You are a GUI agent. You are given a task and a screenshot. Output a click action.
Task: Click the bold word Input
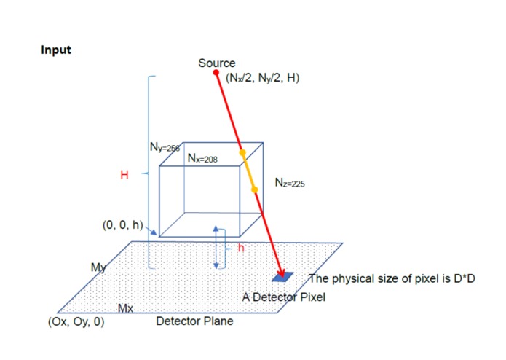[x=56, y=50]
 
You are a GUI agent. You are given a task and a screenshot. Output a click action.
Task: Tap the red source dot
[x=216, y=72]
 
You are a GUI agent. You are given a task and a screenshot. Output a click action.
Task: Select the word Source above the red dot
[x=217, y=63]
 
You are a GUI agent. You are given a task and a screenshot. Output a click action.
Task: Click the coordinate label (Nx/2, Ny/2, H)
[x=262, y=78]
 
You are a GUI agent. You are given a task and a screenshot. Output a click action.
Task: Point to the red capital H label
[x=124, y=175]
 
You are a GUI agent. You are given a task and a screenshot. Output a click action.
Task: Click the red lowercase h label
[x=241, y=248]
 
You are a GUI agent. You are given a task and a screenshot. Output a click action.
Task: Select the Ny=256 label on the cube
[x=165, y=147]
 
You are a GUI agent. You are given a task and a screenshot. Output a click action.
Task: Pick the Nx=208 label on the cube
[x=202, y=158]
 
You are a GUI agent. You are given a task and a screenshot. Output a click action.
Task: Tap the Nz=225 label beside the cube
[x=290, y=182]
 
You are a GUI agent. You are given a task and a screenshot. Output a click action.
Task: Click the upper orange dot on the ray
[x=242, y=153]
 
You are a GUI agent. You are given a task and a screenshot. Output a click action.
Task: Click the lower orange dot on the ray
[x=254, y=189]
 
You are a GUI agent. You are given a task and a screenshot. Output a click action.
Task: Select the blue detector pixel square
[x=282, y=277]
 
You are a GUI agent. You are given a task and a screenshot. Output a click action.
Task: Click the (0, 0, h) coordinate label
[x=122, y=224]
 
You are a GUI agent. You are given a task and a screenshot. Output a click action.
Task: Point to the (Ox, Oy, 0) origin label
[x=76, y=321]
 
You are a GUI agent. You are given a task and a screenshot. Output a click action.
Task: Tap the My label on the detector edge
[x=98, y=267]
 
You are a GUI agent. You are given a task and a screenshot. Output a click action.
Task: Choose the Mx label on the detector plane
[x=125, y=309]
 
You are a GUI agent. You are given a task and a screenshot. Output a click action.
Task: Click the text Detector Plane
[x=194, y=321]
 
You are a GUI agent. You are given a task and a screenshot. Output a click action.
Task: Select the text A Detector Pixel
[x=284, y=297]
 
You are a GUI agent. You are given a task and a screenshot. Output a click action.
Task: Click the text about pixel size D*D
[x=392, y=278]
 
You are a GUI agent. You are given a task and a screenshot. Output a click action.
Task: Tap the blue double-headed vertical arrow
[x=216, y=248]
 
